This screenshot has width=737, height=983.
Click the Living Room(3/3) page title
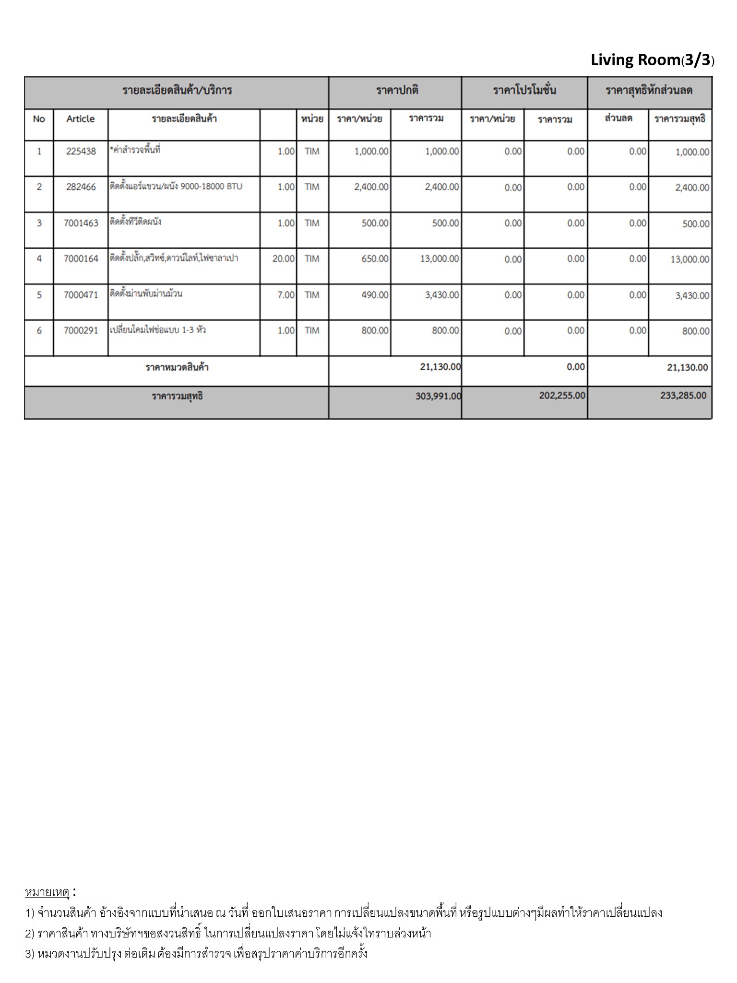point(652,60)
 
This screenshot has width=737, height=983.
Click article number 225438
point(81,152)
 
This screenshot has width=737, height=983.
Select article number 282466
point(81,187)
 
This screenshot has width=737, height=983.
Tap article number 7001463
point(81,223)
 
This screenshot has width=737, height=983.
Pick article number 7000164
point(81,259)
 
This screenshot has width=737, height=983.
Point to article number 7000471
point(81,295)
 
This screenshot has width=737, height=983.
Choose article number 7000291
point(81,330)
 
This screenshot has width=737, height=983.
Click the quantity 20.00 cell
point(283,259)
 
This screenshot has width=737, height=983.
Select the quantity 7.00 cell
point(286,295)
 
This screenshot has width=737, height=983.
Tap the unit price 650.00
point(375,259)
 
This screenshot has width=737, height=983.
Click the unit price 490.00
point(375,295)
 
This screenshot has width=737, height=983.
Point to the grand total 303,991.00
point(438,396)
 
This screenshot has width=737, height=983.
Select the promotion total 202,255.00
point(562,396)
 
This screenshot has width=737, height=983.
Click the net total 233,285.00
point(683,396)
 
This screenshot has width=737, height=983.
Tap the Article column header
point(81,119)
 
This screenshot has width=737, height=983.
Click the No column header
point(39,119)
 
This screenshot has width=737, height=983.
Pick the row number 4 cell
point(39,259)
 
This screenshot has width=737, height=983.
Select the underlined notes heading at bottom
point(47,892)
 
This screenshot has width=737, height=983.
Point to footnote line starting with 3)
point(196,953)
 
